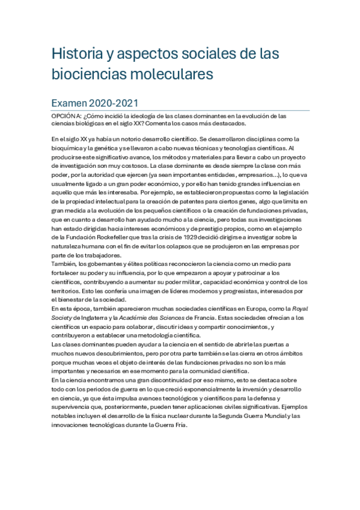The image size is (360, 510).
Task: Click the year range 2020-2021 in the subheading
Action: tap(120, 103)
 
